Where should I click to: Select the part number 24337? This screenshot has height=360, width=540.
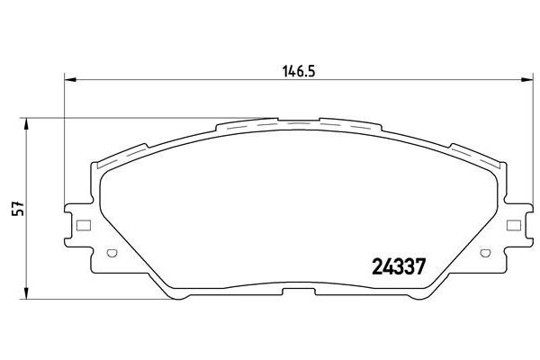pyautogui.click(x=399, y=267)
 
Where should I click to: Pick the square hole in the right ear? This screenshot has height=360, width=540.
pyautogui.click(x=514, y=226)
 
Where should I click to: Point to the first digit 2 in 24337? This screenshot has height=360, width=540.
pyautogui.click(x=378, y=267)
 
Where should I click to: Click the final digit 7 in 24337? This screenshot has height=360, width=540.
pyautogui.click(x=419, y=267)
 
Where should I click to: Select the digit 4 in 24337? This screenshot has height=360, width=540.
pyautogui.click(x=388, y=267)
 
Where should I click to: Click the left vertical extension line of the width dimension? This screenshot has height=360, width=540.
pyautogui.click(x=65, y=135)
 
